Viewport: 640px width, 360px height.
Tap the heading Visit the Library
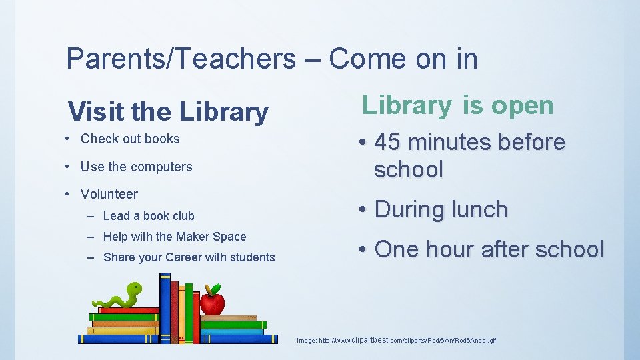pyautogui.click(x=168, y=112)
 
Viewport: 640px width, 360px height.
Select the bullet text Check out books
pyautogui.click(x=130, y=139)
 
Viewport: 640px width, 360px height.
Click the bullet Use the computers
pyautogui.click(x=136, y=167)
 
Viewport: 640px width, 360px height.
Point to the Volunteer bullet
pyautogui.click(x=109, y=194)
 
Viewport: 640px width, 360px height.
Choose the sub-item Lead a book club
pyautogui.click(x=149, y=215)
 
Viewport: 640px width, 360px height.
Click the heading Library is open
pyautogui.click(x=458, y=105)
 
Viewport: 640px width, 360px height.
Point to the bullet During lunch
pyautogui.click(x=441, y=209)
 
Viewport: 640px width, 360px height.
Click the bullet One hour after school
pyautogui.click(x=489, y=249)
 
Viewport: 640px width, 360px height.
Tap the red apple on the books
pyautogui.click(x=212, y=303)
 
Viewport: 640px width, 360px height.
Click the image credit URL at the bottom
pyautogui.click(x=396, y=340)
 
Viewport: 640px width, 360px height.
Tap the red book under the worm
pyautogui.click(x=128, y=310)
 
